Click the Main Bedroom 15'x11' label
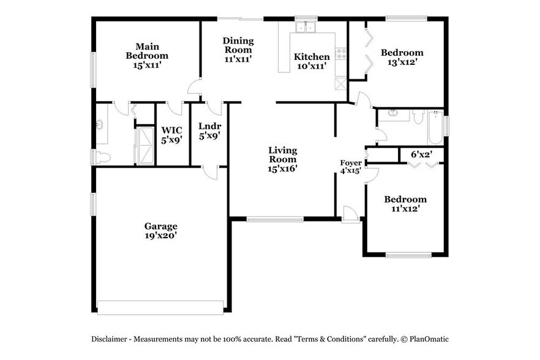point(147,55)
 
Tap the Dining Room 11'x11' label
point(238,50)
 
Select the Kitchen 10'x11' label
point(312,61)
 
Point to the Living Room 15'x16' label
point(282,159)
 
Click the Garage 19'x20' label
point(161,230)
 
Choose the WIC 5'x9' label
point(171,135)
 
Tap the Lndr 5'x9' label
point(209,131)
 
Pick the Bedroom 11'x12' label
point(405,204)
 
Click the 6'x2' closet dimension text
point(421,155)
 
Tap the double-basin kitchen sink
point(304,28)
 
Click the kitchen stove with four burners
point(341,54)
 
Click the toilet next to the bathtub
point(418,116)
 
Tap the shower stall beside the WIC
point(145,145)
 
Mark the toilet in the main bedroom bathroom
point(102,157)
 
